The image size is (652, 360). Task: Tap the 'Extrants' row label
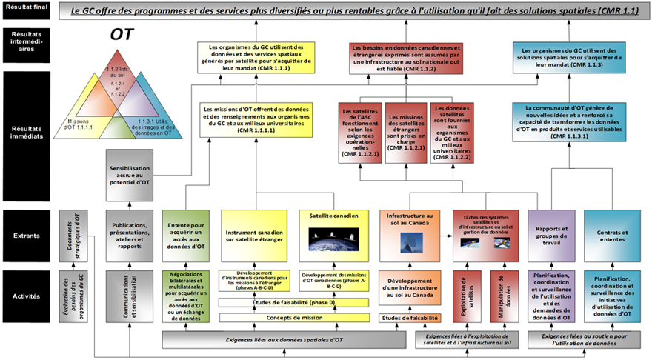point(27,235)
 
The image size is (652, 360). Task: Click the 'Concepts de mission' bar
point(294,318)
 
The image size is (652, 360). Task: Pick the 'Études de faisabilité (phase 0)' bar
point(294,303)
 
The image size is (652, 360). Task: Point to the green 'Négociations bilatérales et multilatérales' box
point(187,296)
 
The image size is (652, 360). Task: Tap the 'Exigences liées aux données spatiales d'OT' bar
point(294,340)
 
